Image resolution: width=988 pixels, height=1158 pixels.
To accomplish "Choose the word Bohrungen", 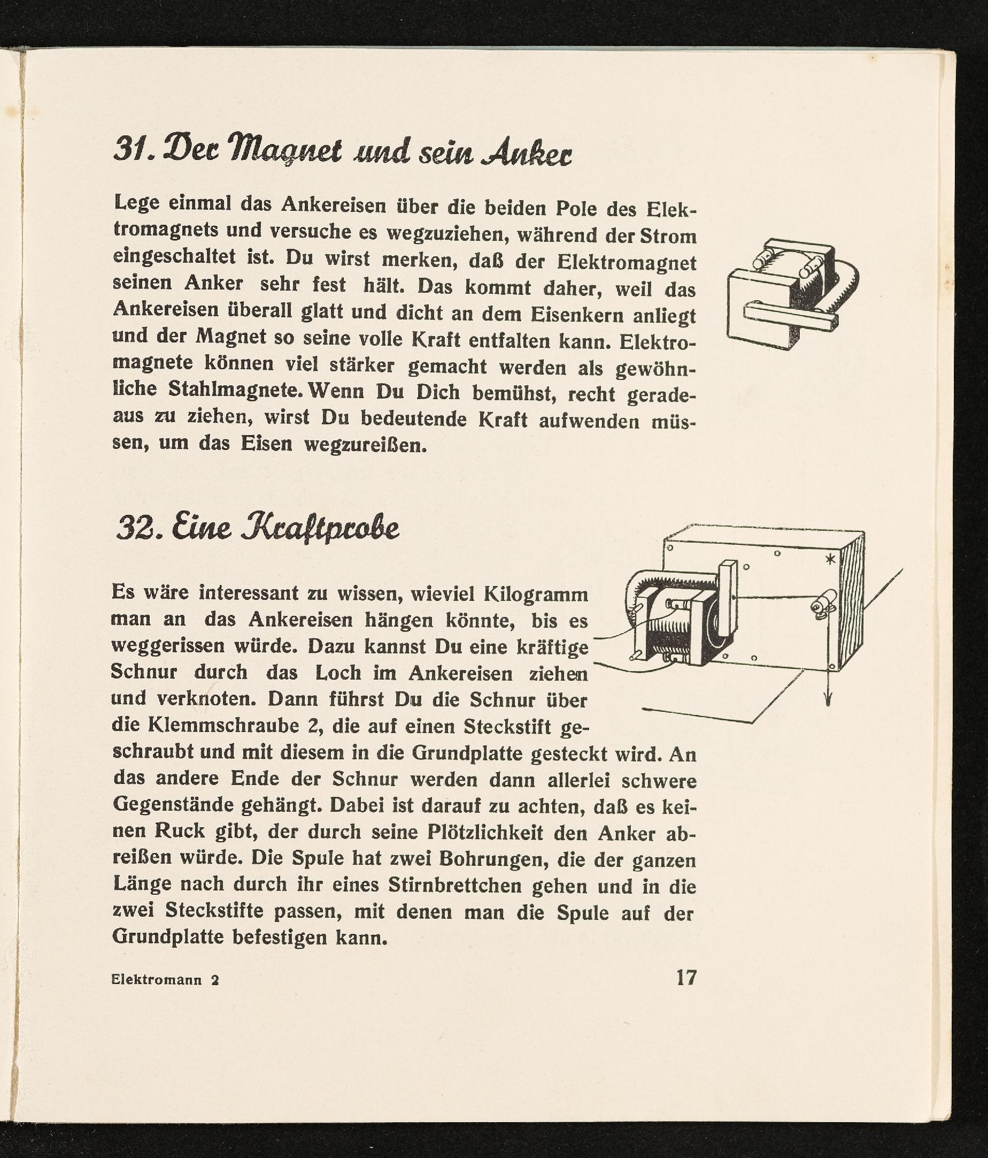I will coord(491,859).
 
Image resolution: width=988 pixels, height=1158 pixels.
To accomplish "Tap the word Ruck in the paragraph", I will coord(179,832).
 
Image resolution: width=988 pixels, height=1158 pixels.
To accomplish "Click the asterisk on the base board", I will coord(831,558).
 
